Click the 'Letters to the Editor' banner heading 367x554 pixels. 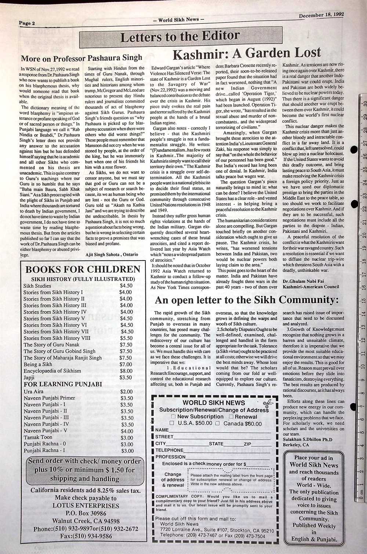[x=180, y=36]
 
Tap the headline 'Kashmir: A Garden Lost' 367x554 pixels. [x=247, y=53]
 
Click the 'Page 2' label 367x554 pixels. [x=27, y=23]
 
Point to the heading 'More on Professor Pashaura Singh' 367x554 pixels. [x=81, y=58]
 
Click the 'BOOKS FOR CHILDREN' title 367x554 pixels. [x=83, y=270]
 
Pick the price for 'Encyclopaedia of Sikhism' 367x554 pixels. [x=126, y=371]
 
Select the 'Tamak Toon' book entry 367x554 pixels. [x=38, y=437]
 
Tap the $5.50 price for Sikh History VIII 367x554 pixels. [x=126, y=338]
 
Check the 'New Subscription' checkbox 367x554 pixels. [x=174, y=417]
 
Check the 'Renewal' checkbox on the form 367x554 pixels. [x=231, y=417]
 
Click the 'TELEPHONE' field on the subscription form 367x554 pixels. [x=213, y=450]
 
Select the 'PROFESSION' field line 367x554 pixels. [x=213, y=457]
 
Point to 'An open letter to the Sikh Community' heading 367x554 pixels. [x=247, y=300]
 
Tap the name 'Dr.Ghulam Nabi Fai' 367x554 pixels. [x=303, y=281]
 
